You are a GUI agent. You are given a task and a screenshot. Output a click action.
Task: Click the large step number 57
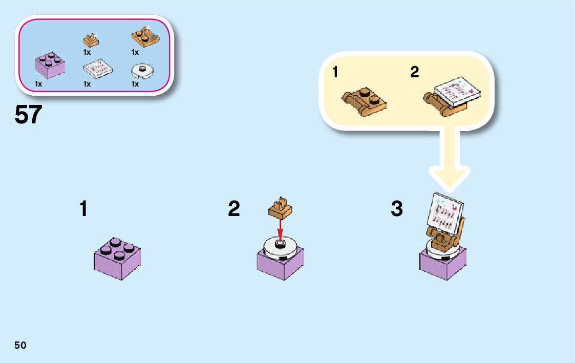[x=28, y=115]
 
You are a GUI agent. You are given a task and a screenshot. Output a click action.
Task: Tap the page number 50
[x=20, y=345]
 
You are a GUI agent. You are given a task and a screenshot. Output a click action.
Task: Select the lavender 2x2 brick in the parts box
[x=50, y=65]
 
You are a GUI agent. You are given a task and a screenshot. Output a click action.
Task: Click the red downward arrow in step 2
[x=280, y=231]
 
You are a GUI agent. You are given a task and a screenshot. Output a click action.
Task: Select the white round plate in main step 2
[x=280, y=249]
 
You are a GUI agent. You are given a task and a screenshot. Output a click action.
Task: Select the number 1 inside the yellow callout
[x=335, y=73]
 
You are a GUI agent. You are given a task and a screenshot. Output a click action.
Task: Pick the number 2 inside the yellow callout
[x=414, y=73]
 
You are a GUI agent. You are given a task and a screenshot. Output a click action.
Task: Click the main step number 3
[x=396, y=209]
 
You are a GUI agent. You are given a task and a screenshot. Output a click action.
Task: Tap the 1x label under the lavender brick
[x=38, y=84]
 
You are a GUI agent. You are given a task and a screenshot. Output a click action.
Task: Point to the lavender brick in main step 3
[x=442, y=264]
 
